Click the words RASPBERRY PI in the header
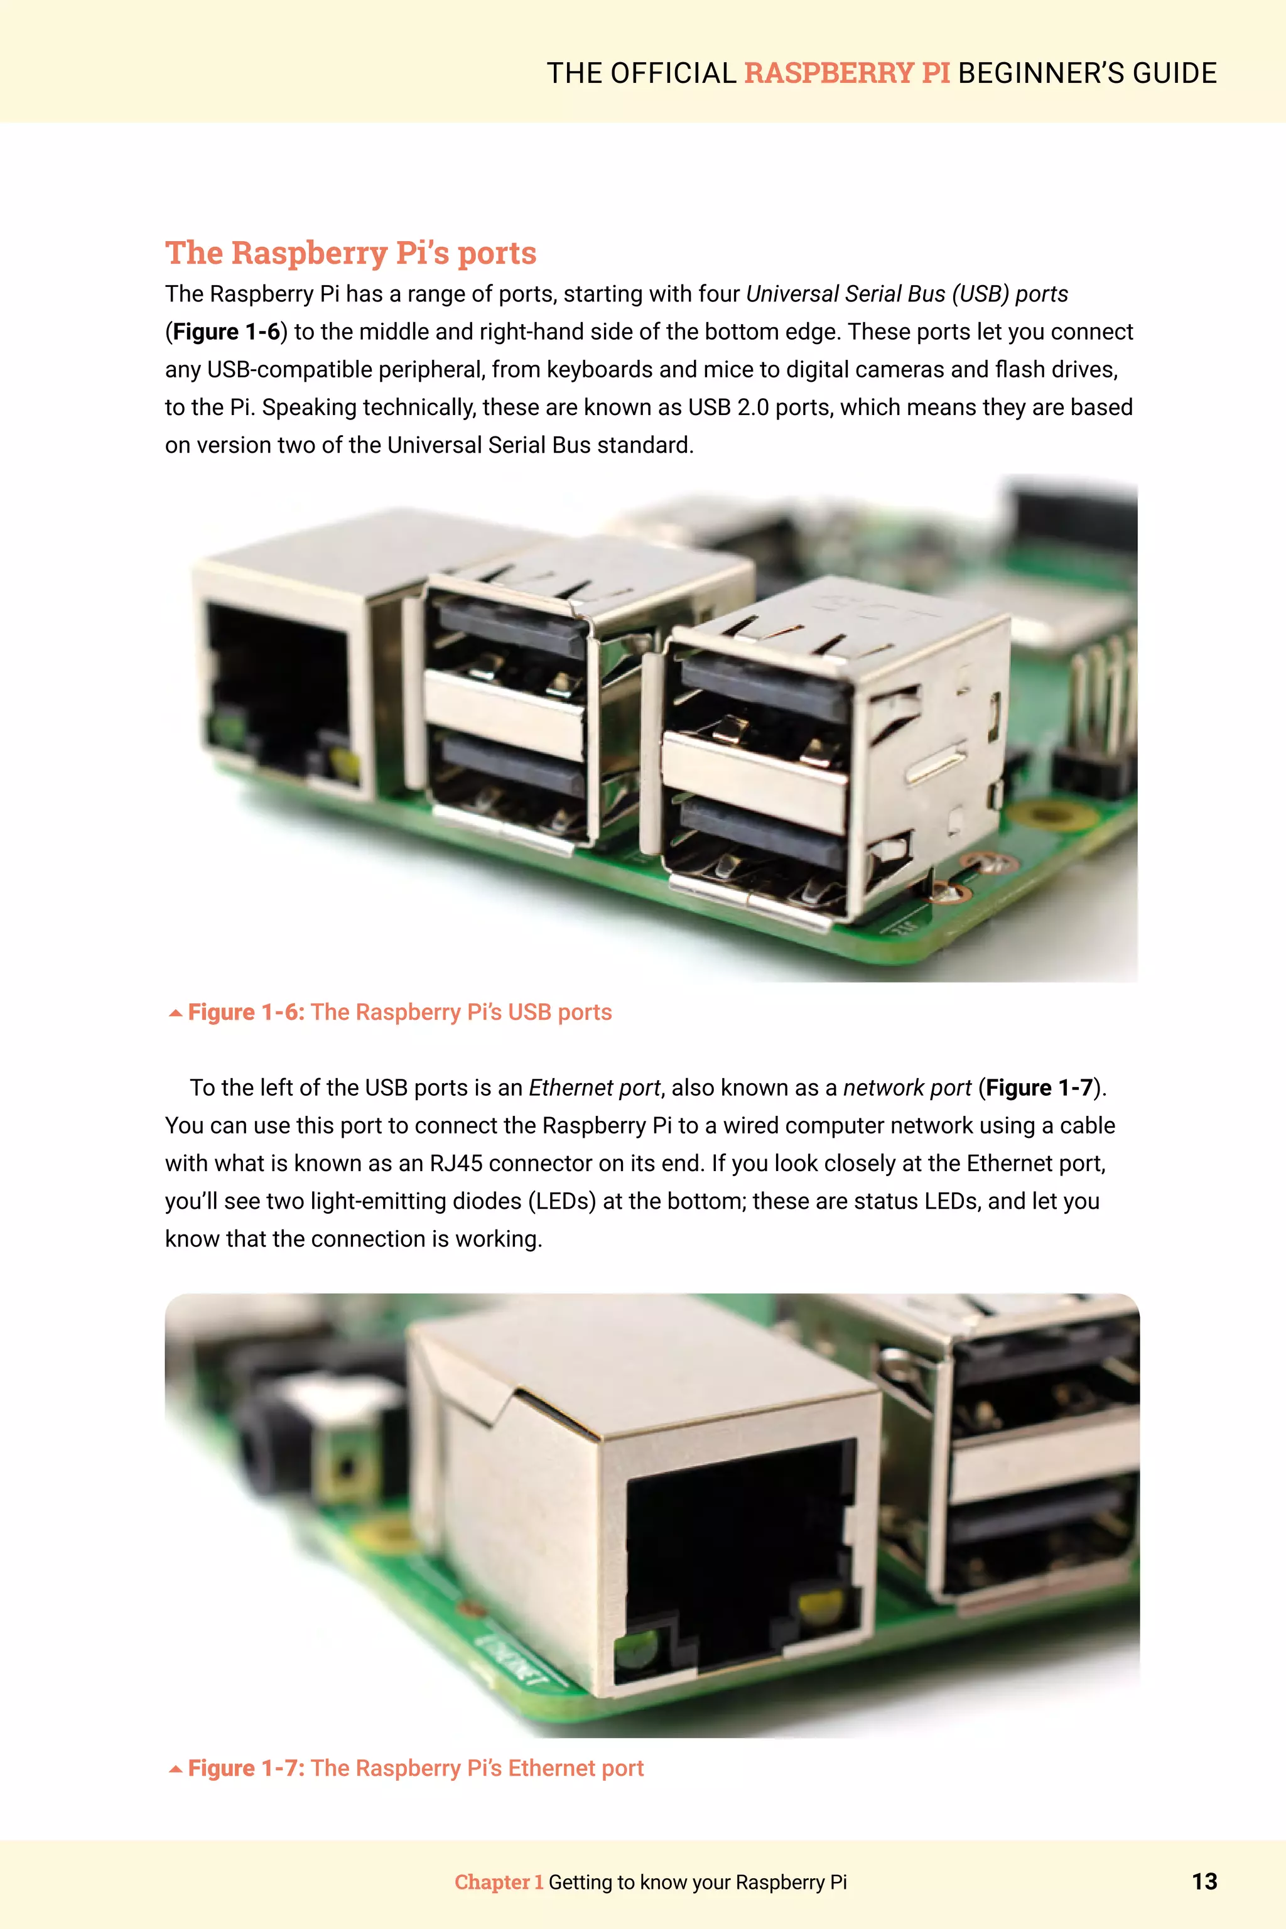(846, 73)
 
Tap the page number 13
(1203, 1881)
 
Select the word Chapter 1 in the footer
(499, 1881)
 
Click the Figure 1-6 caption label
(246, 1012)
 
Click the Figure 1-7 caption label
(246, 1768)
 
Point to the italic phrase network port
(906, 1088)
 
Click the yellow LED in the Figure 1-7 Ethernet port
(820, 1606)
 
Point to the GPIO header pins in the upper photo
(1103, 697)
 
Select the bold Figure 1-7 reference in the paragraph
(1039, 1088)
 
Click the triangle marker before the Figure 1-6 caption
(175, 1013)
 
